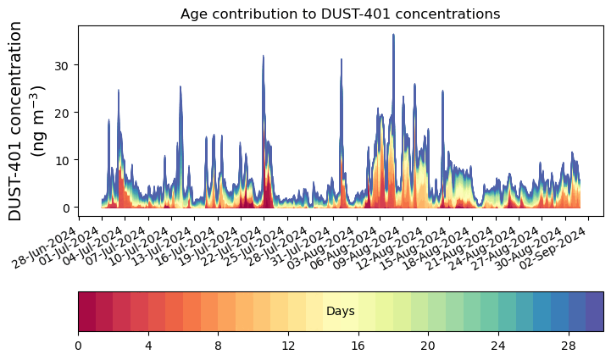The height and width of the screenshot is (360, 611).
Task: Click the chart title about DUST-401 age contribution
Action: [340, 14]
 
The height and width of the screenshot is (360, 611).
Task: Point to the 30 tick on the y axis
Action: [62, 65]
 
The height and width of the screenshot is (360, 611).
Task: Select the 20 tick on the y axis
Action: [62, 113]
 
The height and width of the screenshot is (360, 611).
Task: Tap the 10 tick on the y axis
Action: [62, 160]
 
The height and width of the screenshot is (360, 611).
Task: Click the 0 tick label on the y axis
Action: [64, 208]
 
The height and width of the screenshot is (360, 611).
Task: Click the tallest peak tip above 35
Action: [393, 35]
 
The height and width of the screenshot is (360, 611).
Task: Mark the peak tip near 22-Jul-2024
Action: [264, 57]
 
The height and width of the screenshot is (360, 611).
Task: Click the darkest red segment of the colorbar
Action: [86, 310]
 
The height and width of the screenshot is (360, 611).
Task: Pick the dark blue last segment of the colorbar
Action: [594, 310]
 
